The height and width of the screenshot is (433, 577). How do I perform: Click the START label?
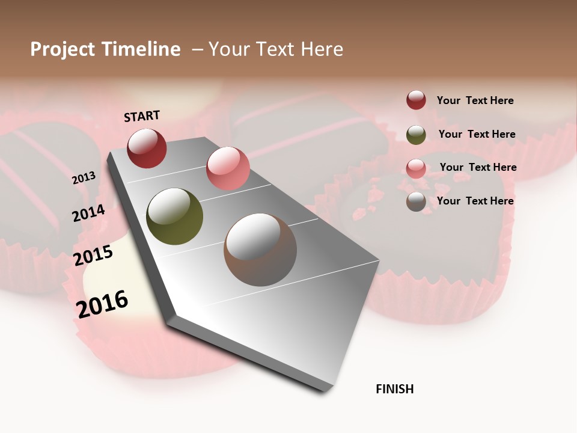142,116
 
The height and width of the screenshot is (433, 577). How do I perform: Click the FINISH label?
395,389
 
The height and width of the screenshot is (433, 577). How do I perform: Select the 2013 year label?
84,178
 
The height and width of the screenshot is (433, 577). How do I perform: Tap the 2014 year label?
88,213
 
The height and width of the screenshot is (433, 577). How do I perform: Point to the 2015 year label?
93,256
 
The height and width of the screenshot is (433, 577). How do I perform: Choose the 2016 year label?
102,304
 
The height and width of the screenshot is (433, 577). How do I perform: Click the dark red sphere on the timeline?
147,148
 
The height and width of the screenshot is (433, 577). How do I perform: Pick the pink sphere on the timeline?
228,168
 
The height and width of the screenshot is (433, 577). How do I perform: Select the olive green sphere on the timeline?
174,216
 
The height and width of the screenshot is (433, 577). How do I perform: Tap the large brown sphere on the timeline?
260,250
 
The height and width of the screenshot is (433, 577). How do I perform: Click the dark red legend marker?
416,100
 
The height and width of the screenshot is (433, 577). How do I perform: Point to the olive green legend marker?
416,135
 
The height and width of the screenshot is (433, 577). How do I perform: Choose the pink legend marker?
416,168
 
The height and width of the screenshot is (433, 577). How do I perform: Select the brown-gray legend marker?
416,201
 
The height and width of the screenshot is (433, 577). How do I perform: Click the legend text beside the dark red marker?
475,100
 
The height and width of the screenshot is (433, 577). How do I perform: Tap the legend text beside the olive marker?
477,134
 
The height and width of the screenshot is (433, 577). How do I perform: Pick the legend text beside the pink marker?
478,167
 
